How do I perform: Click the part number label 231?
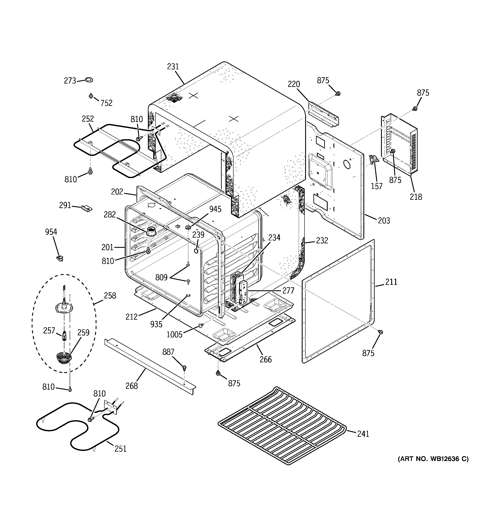coord(173,67)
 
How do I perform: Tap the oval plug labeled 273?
coord(89,80)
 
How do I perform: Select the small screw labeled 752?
coord(91,96)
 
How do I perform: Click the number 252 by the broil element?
coord(88,119)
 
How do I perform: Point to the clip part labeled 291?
coord(87,208)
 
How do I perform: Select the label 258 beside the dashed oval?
coord(110,296)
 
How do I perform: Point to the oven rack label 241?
coord(363,434)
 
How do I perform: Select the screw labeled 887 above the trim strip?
coord(184,367)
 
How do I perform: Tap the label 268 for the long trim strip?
coord(132,386)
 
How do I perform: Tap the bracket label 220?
coord(294,84)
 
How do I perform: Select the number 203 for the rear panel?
coord(384,220)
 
